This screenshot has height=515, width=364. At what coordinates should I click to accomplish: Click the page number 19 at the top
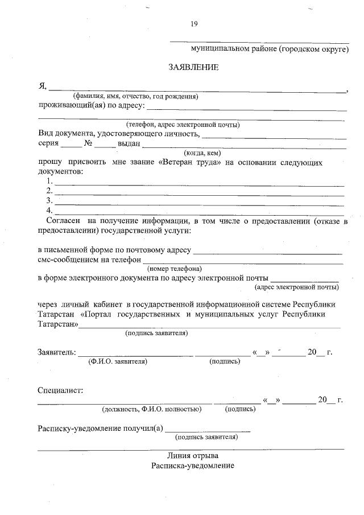pyautogui.click(x=194, y=23)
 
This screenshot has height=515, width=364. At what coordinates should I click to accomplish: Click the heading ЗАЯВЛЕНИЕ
pyautogui.click(x=193, y=67)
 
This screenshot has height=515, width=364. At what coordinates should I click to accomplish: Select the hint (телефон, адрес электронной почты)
pyautogui.click(x=183, y=124)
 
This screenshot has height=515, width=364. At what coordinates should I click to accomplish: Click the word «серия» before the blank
pyautogui.click(x=48, y=143)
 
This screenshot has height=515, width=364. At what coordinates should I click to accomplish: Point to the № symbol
pyautogui.click(x=88, y=143)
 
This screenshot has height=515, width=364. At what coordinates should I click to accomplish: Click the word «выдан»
pyautogui.click(x=129, y=143)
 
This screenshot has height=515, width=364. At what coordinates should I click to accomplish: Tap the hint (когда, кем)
pyautogui.click(x=202, y=153)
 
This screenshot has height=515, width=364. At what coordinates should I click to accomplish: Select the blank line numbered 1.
pyautogui.click(x=199, y=183)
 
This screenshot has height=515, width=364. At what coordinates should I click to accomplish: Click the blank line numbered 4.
pyautogui.click(x=199, y=212)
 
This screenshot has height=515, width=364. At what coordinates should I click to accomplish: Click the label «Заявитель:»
pyautogui.click(x=56, y=352)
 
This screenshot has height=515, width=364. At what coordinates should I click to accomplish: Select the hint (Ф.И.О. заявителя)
pyautogui.click(x=118, y=361)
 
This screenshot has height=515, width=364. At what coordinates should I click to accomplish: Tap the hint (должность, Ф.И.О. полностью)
pyautogui.click(x=151, y=409)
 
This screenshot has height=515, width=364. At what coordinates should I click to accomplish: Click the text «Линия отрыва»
pyautogui.click(x=193, y=456)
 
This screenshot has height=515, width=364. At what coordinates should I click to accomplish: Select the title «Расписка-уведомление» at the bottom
pyautogui.click(x=193, y=465)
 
